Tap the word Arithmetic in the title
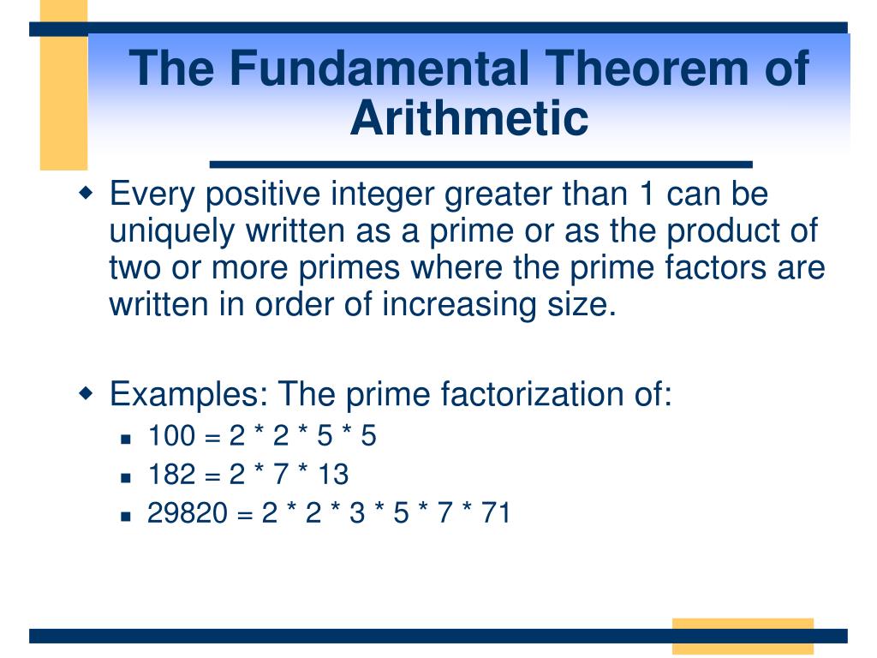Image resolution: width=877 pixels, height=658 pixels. pyautogui.click(x=469, y=118)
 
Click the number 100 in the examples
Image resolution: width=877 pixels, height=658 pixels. pyautogui.click(x=171, y=436)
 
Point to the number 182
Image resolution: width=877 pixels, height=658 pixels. pyautogui.click(x=171, y=474)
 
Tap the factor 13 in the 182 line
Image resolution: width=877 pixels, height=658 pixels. pyautogui.click(x=333, y=474)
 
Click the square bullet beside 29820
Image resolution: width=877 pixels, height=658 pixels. pyautogui.click(x=125, y=516)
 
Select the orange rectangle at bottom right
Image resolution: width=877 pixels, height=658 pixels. pyautogui.click(x=742, y=636)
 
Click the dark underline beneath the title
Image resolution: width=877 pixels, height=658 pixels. pyautogui.click(x=480, y=164)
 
